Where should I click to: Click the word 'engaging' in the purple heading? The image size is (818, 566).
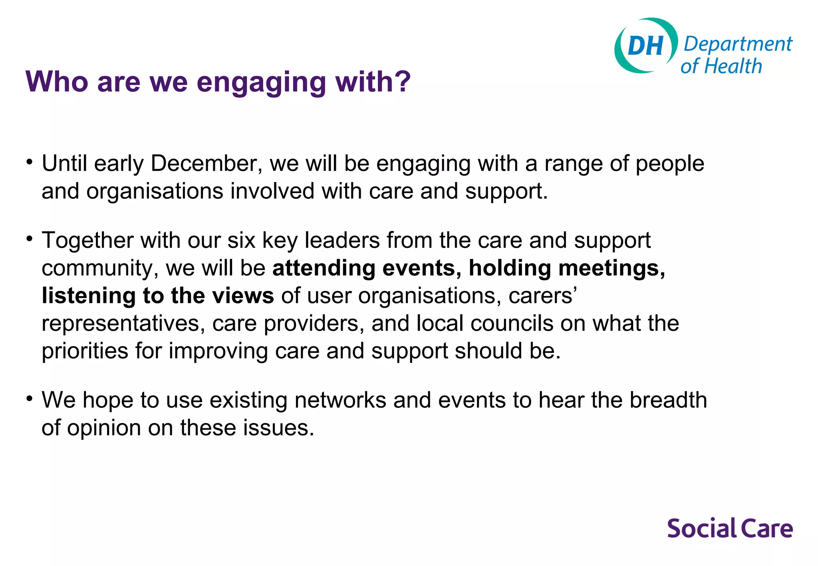tap(262, 82)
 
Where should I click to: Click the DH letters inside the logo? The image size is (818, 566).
tap(645, 46)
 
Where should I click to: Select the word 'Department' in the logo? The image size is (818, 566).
tap(738, 44)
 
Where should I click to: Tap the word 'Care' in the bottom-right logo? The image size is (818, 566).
tap(767, 528)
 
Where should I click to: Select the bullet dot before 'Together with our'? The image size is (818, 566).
tap(29, 239)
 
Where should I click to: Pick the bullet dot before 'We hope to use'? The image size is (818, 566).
tap(29, 398)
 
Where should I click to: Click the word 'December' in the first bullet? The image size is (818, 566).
tap(206, 164)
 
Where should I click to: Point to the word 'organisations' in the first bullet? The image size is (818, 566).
tap(155, 191)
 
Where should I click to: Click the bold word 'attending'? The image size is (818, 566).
tap(324, 268)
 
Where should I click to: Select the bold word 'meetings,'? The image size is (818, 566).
tap(612, 268)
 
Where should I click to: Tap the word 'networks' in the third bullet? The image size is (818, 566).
tap(340, 400)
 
